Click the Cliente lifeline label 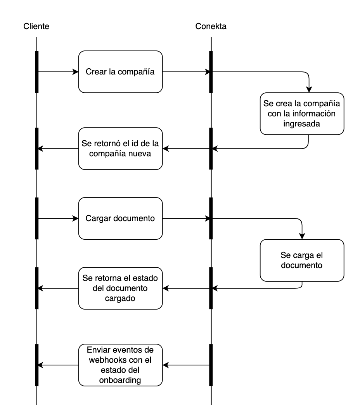pos(36,26)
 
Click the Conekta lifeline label pos(211,26)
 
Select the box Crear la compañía pos(120,72)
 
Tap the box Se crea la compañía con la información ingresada pos(302,114)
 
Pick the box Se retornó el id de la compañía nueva pos(120,149)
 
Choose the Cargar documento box pos(120,218)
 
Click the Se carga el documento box pos(302,260)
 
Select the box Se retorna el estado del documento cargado pos(120,288)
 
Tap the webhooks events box pos(120,365)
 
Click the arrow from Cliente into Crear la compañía pos(58,72)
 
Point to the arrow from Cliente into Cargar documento pos(58,218)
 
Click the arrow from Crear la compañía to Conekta pos(187,72)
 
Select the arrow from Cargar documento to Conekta pos(187,218)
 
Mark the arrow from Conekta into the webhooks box pos(186,365)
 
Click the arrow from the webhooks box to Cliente pos(58,365)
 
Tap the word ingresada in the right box pos(302,124)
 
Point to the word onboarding pos(120,380)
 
